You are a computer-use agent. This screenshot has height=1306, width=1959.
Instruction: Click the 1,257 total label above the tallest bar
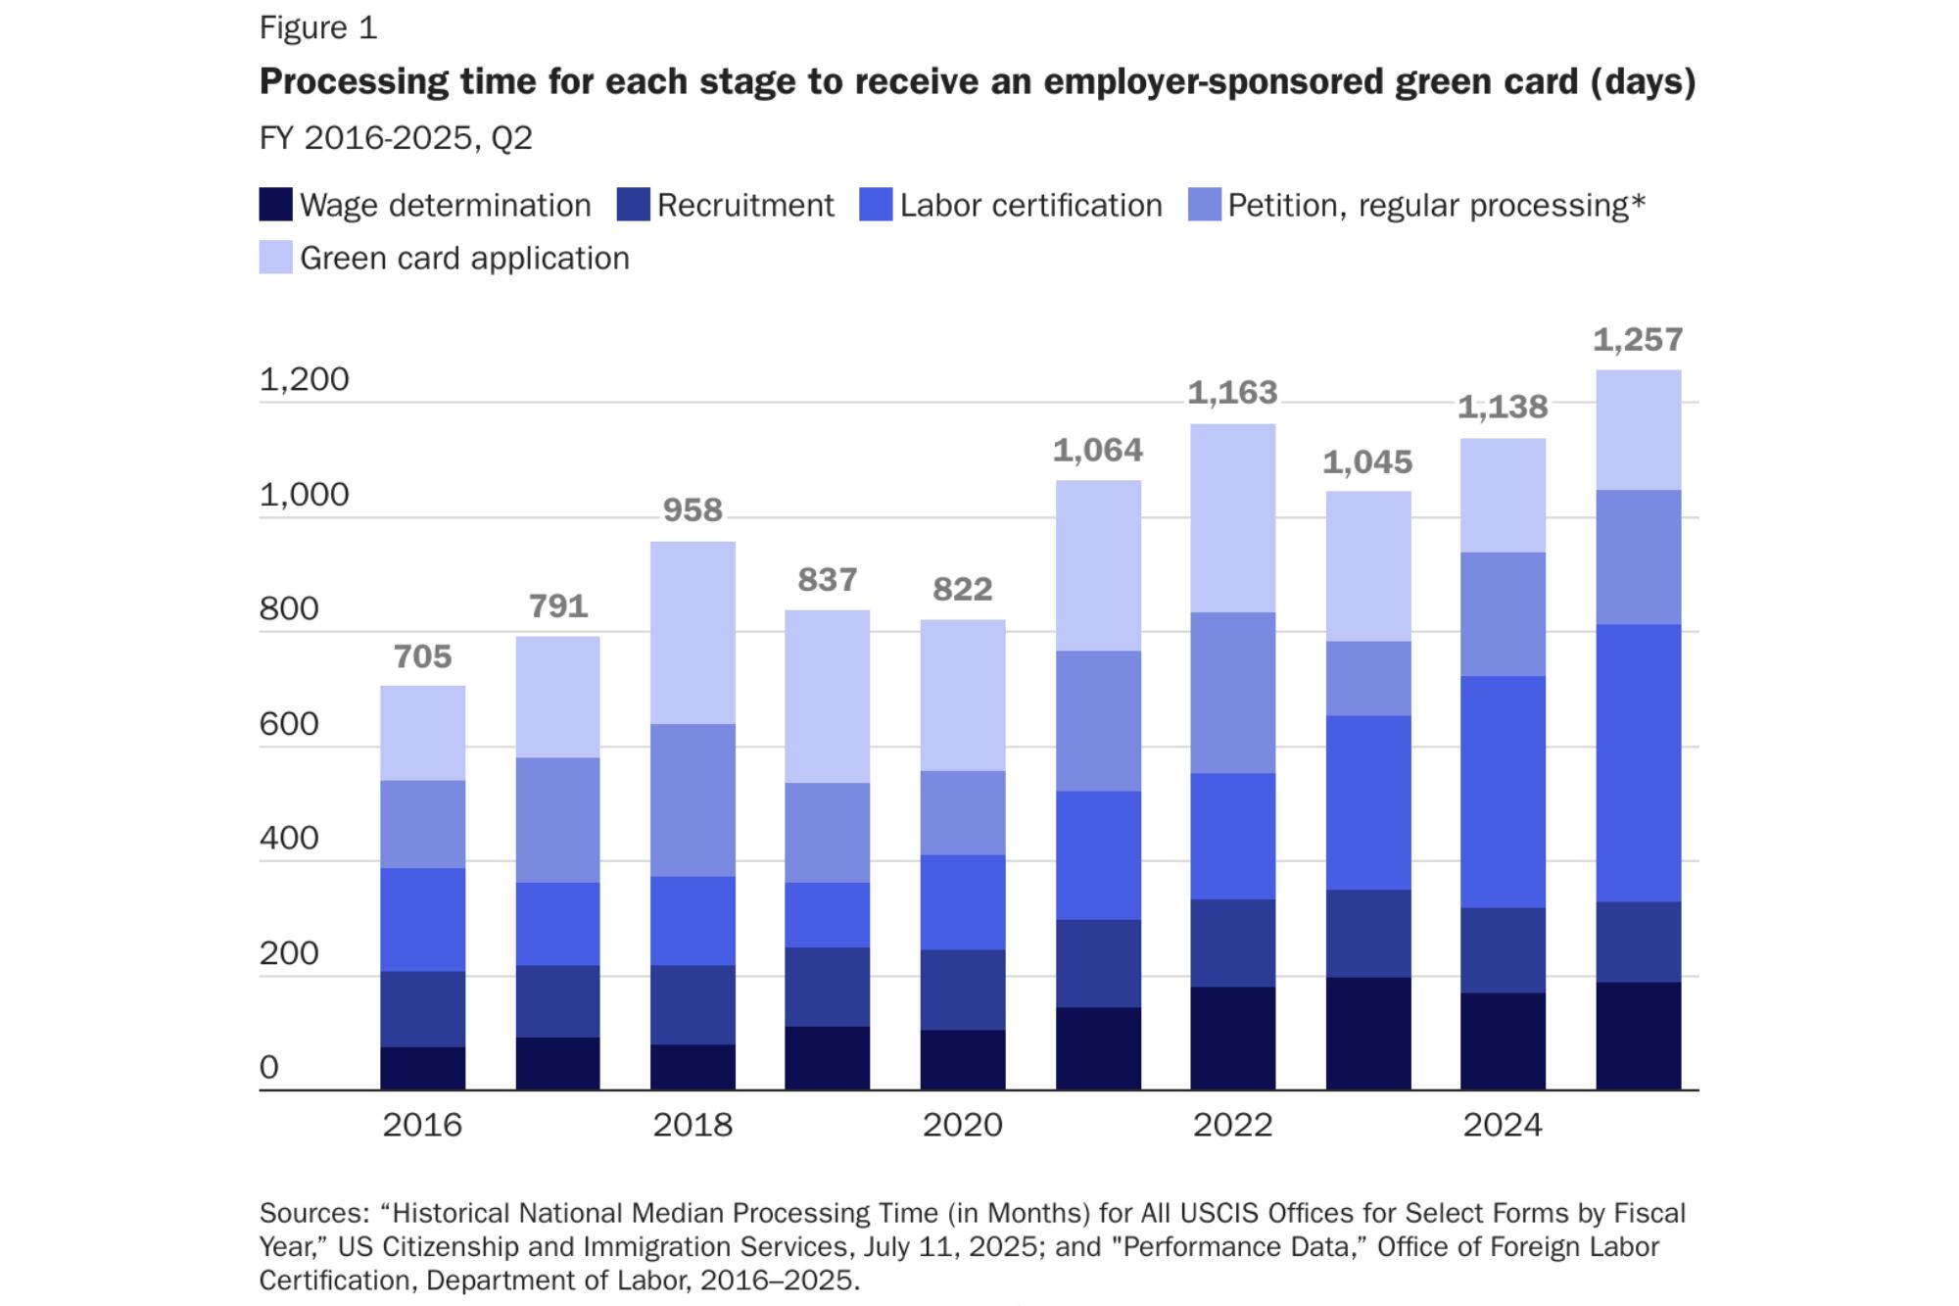click(x=1638, y=340)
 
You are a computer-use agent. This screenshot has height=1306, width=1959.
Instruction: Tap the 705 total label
click(x=423, y=656)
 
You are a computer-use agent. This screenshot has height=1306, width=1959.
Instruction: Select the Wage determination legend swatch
click(x=275, y=205)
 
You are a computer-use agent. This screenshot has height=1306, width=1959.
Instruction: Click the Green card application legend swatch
click(x=275, y=258)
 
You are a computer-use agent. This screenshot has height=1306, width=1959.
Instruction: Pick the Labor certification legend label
click(x=1030, y=205)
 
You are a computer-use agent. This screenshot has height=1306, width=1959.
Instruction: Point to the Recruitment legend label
click(x=745, y=205)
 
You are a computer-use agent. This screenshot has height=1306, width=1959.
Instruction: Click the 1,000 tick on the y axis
click(x=304, y=495)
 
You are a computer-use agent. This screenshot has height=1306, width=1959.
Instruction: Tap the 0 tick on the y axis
click(x=269, y=1067)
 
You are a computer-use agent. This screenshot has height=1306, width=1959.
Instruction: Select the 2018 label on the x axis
click(x=693, y=1125)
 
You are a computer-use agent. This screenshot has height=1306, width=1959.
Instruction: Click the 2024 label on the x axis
click(x=1503, y=1125)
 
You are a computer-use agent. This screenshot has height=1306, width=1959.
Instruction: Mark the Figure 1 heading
click(x=318, y=28)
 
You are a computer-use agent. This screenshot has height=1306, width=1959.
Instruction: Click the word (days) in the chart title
click(x=1643, y=82)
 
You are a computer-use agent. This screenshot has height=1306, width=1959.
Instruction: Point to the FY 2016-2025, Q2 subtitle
click(x=396, y=138)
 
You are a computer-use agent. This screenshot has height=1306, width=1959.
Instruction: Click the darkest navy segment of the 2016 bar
click(x=423, y=1068)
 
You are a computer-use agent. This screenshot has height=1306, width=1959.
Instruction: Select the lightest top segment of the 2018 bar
click(x=693, y=633)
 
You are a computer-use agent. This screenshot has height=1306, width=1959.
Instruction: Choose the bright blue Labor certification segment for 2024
click(x=1503, y=792)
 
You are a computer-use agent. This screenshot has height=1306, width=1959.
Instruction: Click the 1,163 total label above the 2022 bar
click(x=1232, y=393)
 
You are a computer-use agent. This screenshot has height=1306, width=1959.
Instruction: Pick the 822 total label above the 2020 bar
click(x=963, y=589)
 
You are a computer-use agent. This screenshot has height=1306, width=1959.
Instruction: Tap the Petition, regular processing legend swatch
click(x=1204, y=205)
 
